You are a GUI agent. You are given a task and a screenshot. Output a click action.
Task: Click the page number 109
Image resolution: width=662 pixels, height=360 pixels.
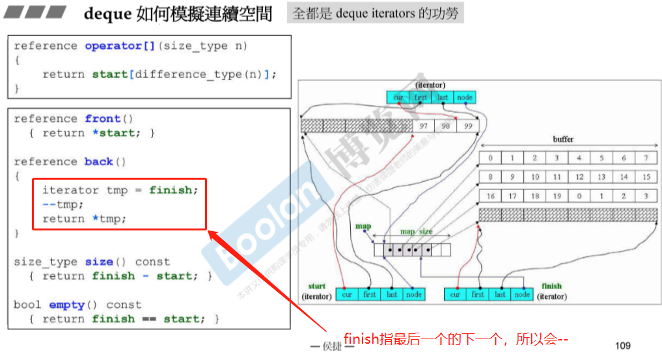623,345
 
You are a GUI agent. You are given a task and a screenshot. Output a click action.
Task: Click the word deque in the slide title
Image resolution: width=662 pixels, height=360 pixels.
108,14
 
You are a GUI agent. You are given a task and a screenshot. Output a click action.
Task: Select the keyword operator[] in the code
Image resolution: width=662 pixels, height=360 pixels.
113,46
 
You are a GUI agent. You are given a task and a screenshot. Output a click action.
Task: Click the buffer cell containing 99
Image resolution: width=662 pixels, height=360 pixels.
467,126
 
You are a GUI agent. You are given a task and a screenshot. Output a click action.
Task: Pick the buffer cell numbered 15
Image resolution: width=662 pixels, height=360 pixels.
646,177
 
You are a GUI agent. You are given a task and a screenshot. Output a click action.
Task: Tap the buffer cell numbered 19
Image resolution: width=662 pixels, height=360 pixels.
557,196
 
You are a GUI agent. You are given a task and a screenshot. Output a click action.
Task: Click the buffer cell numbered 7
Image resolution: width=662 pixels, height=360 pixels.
646,158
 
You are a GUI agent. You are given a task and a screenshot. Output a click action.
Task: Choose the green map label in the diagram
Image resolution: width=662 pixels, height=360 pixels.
363,227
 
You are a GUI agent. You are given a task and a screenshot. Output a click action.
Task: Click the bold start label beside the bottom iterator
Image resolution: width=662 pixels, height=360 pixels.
316,286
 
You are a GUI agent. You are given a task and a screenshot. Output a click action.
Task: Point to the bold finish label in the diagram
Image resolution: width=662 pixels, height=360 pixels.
551,286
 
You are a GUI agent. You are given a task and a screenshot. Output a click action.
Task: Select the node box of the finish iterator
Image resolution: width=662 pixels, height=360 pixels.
522,294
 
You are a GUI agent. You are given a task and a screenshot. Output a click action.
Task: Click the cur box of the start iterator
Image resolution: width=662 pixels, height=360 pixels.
347,294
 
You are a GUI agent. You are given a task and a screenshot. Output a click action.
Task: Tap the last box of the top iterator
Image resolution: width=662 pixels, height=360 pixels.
443,98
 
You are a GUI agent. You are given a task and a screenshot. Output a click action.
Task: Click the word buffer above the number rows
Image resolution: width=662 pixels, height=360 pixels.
563,139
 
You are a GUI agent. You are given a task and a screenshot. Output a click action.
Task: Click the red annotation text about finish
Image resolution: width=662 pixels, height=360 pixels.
456,339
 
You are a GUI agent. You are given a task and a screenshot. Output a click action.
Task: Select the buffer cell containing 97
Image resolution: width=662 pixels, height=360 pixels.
423,126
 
